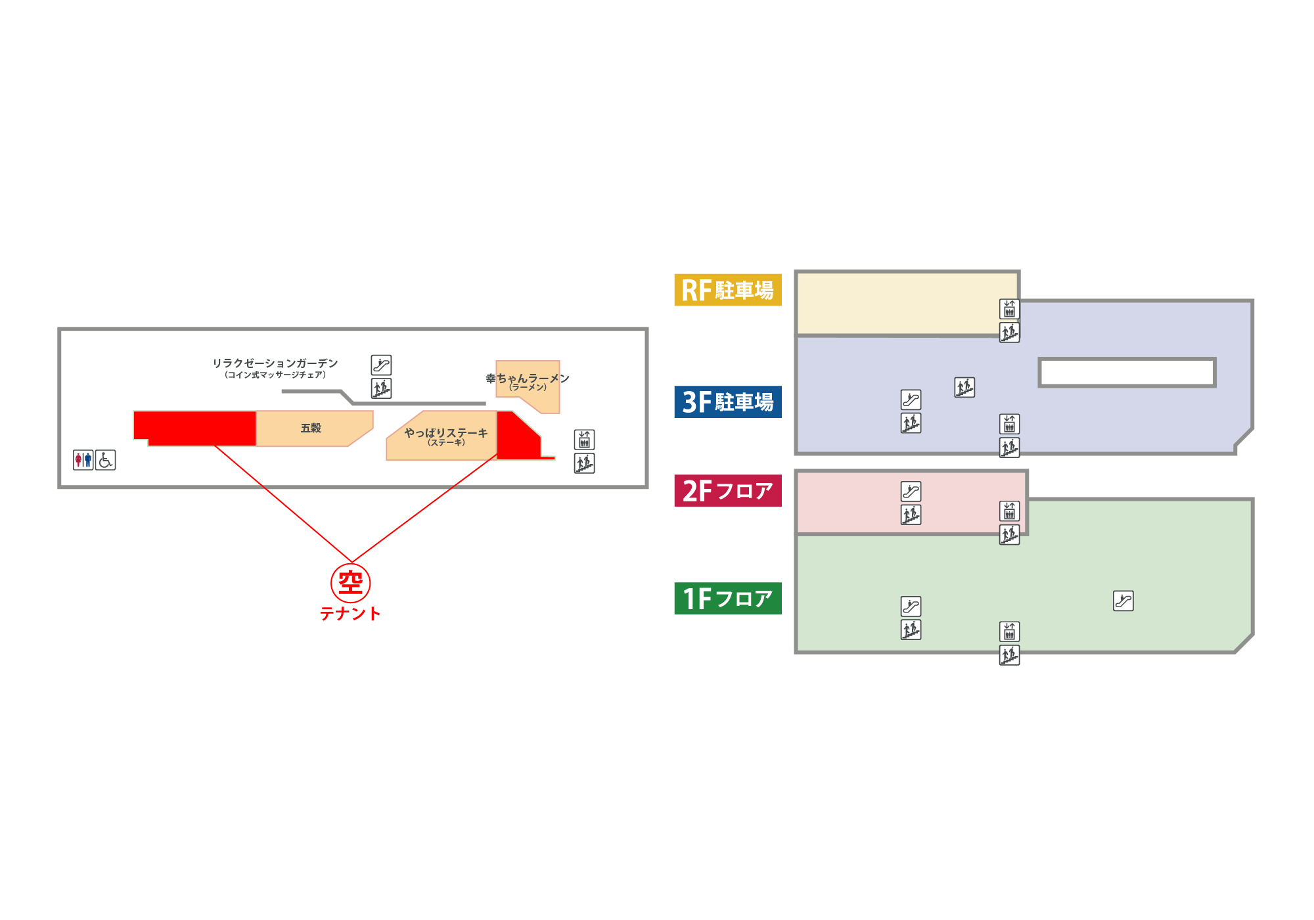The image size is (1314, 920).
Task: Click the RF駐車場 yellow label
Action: coord(728,290)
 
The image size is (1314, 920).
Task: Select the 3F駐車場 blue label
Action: coord(728,402)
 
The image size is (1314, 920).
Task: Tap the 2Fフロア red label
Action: coord(728,490)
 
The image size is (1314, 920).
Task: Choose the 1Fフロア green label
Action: coord(728,598)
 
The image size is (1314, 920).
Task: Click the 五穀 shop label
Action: coord(311,428)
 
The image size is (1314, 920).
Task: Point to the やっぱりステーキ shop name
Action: coord(446,432)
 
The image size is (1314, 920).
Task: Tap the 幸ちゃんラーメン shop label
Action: coord(528,378)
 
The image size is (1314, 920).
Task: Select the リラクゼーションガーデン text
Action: coord(275,363)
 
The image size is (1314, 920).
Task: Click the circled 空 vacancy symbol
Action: coord(351,583)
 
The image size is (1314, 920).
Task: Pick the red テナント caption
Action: coord(350,614)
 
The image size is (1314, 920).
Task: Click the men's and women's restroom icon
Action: coord(83,460)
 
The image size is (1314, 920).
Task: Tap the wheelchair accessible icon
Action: coord(106,460)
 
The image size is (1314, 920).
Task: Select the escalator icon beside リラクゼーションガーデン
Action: coord(381,365)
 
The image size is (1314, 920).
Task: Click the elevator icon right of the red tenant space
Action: coord(584,440)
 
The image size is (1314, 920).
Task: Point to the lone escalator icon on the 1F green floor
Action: coord(1123,601)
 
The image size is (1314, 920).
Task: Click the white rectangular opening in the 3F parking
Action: coord(1127,373)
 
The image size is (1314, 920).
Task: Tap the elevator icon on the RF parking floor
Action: coord(1010,309)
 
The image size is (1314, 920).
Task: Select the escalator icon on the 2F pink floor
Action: coord(911,492)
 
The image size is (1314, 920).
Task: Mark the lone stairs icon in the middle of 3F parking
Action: coord(964,388)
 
